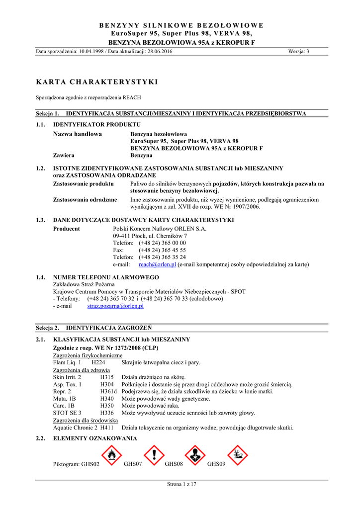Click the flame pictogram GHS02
pyautogui.click(x=111, y=455)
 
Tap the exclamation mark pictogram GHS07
pyautogui.click(x=154, y=455)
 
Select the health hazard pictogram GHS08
pyautogui.click(x=195, y=455)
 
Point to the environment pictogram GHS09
pyautogui.click(x=238, y=455)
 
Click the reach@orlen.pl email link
pyautogui.click(x=158, y=264)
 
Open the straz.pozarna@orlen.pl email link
pyautogui.click(x=115, y=306)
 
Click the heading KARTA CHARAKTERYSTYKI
pyautogui.click(x=97, y=81)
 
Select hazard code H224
pyautogui.click(x=98, y=363)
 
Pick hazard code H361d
pyautogui.click(x=108, y=392)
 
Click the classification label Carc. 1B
pyautogui.click(x=64, y=406)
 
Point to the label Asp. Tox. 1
pyautogui.click(x=67, y=384)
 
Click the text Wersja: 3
pyautogui.click(x=298, y=52)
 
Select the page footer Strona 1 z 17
pyautogui.click(x=181, y=484)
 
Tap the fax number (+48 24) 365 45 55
pyautogui.click(x=162, y=250)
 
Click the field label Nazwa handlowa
pyautogui.click(x=77, y=134)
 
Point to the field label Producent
pyautogui.click(x=66, y=229)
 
